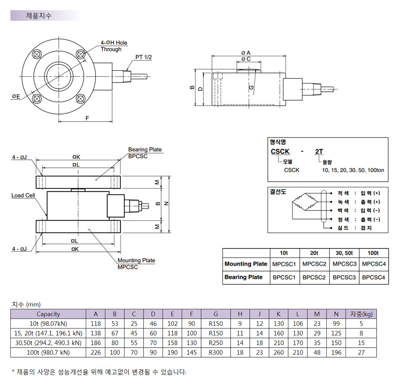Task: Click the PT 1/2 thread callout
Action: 144,57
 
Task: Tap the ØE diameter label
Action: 16,96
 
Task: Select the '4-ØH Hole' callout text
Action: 114,43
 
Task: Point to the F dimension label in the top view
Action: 87,118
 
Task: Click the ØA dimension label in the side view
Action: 246,53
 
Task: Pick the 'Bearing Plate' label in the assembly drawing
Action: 145,150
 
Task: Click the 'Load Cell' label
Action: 23,195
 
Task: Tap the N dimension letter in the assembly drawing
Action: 166,203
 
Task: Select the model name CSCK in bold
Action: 280,152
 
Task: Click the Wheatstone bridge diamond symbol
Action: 305,202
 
